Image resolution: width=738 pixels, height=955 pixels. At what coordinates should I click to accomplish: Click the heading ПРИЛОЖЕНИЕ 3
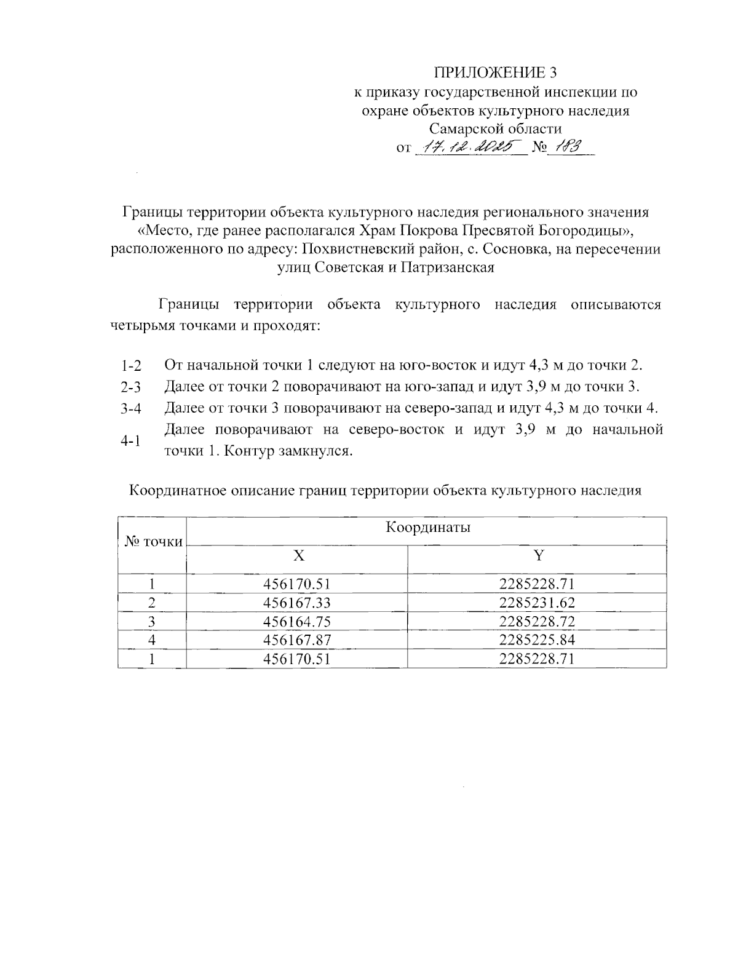click(495, 73)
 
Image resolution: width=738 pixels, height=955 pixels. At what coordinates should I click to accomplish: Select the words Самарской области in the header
click(495, 129)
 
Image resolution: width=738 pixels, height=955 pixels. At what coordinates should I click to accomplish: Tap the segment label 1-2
click(131, 367)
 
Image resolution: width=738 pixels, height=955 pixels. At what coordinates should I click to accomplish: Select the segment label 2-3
click(131, 387)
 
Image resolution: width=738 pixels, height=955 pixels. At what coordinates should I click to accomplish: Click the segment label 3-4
click(131, 409)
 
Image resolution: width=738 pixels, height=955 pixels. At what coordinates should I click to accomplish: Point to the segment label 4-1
click(131, 441)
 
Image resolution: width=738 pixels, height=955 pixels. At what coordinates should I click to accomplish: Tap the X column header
click(298, 556)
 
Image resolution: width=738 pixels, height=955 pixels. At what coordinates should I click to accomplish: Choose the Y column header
click(538, 556)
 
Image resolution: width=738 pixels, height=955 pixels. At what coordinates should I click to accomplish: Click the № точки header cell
click(154, 542)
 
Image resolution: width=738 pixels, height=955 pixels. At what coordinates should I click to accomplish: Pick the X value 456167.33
click(297, 603)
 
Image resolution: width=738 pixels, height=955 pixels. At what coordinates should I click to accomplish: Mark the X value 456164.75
click(297, 622)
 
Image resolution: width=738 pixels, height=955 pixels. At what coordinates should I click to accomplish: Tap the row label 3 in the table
click(151, 622)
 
